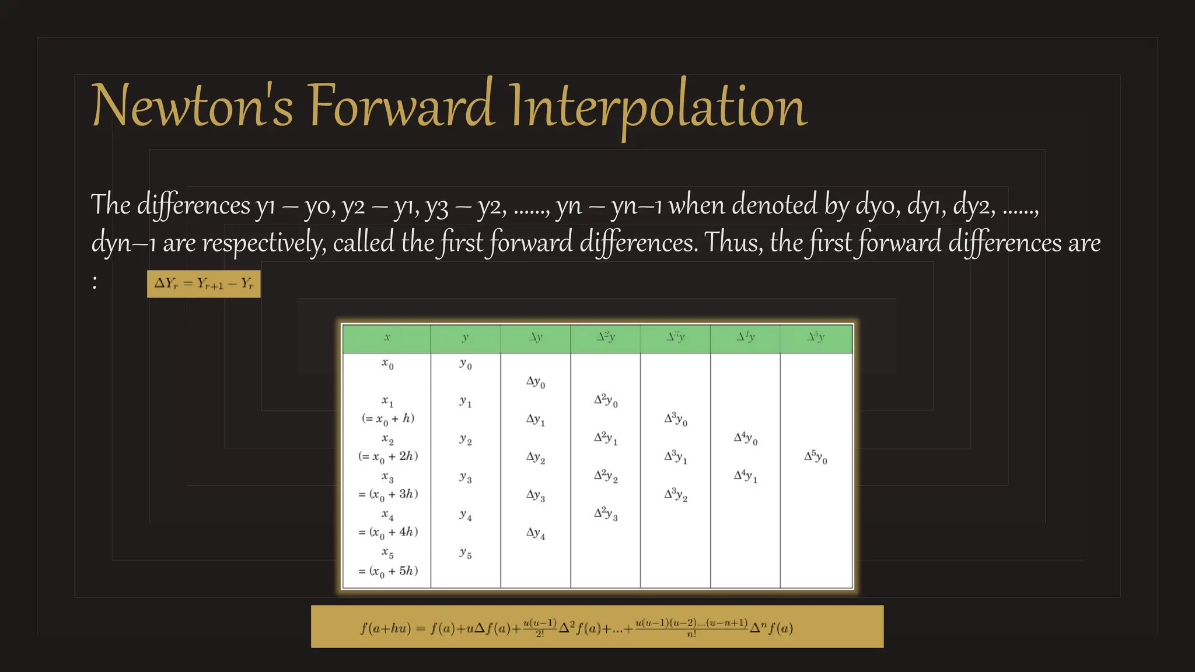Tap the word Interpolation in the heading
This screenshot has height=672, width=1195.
click(x=658, y=107)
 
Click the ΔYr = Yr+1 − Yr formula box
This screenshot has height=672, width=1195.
click(x=204, y=284)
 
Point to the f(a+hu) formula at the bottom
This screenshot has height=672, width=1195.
click(x=597, y=627)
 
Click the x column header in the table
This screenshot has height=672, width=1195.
click(x=387, y=338)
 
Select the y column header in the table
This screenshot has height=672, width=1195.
click(x=465, y=338)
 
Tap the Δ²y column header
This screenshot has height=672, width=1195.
click(x=606, y=337)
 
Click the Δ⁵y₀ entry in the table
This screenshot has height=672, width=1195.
click(x=815, y=457)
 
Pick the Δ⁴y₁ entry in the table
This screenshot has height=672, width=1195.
click(x=745, y=477)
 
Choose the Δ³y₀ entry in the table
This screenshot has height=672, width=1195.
click(x=676, y=419)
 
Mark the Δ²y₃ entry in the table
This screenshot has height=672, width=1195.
click(x=606, y=513)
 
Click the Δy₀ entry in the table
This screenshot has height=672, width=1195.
click(x=536, y=382)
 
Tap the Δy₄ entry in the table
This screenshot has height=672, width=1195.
click(x=536, y=533)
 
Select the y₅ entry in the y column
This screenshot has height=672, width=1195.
click(x=465, y=553)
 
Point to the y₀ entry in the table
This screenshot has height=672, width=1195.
click(x=465, y=365)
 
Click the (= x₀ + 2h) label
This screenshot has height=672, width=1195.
click(x=388, y=457)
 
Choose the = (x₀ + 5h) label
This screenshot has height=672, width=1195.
click(x=388, y=571)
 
